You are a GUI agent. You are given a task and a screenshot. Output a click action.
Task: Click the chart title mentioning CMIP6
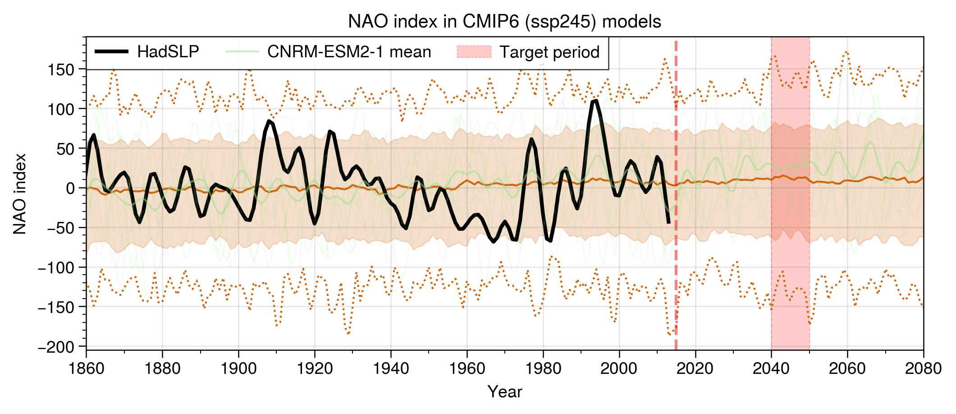tap(504, 22)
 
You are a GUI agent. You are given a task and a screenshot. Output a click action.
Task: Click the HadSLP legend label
tap(168, 52)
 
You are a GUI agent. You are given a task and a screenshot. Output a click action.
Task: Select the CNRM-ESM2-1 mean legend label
tap(349, 52)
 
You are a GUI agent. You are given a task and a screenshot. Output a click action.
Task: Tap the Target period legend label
tap(549, 52)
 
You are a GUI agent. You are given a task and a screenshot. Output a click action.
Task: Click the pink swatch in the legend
tap(474, 51)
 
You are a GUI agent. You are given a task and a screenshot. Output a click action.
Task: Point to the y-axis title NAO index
tap(20, 194)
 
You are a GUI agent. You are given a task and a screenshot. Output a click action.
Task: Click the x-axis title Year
tap(505, 391)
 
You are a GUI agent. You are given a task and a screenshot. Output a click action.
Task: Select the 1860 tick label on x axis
tap(86, 368)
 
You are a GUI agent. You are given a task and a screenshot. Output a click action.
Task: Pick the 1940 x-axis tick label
tap(391, 368)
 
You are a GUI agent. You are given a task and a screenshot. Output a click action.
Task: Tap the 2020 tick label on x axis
tap(695, 368)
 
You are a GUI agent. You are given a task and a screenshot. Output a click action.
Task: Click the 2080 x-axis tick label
tap(924, 368)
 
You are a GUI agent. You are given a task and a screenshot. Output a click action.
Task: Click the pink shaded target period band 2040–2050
tap(791, 193)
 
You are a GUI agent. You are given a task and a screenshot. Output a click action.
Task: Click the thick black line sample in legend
tap(112, 51)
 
